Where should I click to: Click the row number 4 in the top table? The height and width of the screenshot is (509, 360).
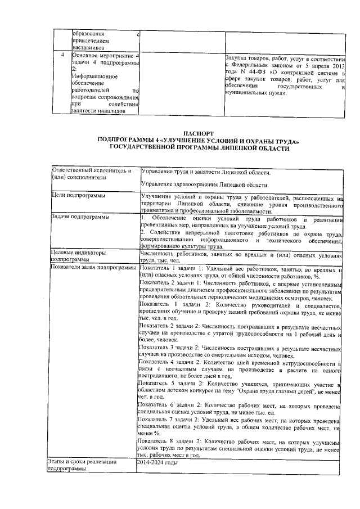coord(62,56)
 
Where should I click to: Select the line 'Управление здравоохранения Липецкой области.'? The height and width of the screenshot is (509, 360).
coord(204,184)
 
